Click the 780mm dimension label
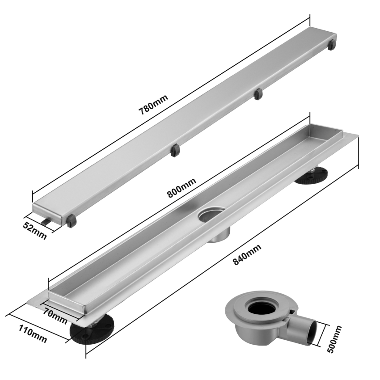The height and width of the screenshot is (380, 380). click(153, 105)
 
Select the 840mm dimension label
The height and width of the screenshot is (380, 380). click(247, 254)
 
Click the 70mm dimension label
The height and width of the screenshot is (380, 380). click(55, 316)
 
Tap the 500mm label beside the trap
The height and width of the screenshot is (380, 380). click(334, 339)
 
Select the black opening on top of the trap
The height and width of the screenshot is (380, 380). click(261, 308)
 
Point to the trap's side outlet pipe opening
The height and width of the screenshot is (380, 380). click(312, 332)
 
